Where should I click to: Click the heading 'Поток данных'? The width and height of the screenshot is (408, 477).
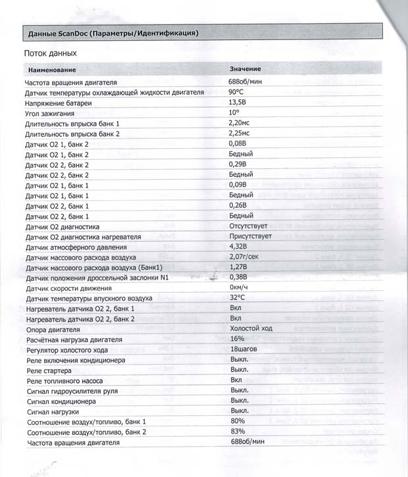coord(51,53)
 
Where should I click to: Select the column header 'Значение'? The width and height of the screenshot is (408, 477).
coord(245,69)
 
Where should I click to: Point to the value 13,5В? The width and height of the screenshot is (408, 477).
coord(238,103)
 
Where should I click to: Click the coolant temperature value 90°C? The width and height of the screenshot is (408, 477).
coord(236,93)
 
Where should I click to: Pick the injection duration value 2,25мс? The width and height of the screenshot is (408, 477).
coord(240,134)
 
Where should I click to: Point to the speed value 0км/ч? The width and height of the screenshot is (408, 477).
coord(240,288)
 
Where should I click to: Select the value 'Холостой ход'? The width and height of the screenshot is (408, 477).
coord(252,328)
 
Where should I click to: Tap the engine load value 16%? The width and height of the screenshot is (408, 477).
coord(237,339)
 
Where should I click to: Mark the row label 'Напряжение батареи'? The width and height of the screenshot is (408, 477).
coord(58,103)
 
